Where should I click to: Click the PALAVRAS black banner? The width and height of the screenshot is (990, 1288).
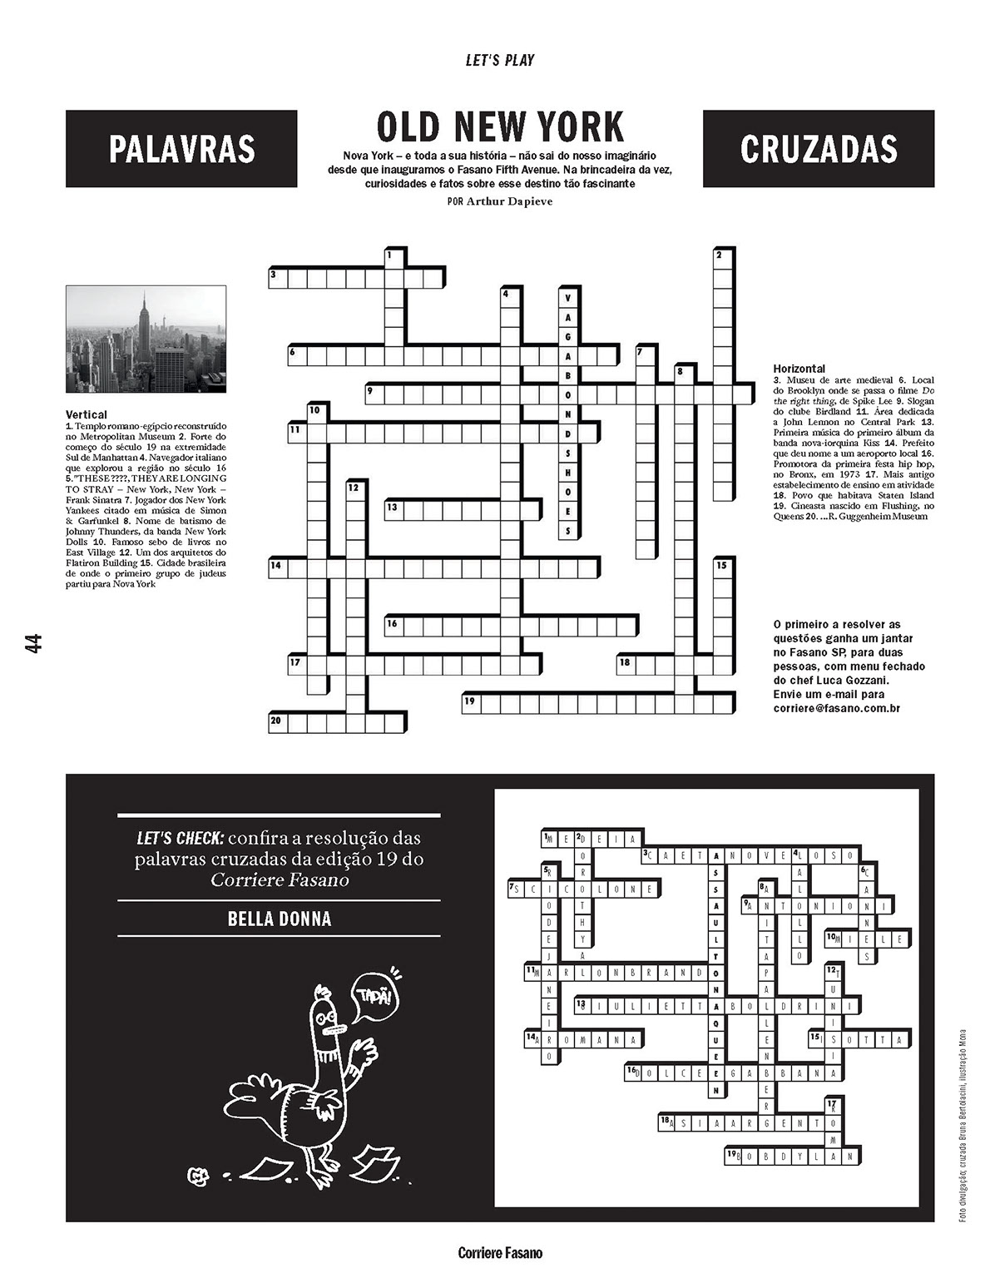[181, 149]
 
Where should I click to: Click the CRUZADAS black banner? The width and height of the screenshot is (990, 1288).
[818, 149]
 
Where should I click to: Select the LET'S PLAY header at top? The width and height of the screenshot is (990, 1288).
[500, 60]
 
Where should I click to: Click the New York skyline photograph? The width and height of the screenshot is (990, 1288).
[146, 339]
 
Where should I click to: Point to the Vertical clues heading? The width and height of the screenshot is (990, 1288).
[87, 414]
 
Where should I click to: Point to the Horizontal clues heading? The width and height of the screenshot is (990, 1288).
[799, 368]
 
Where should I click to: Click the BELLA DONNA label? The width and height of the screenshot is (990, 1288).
[279, 919]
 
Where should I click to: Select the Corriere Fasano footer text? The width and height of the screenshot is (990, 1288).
[500, 1252]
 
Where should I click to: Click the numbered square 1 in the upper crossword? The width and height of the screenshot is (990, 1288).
[394, 257]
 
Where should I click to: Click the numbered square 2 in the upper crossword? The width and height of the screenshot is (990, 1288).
[722, 257]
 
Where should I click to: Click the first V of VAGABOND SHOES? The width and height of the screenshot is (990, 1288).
[568, 299]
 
